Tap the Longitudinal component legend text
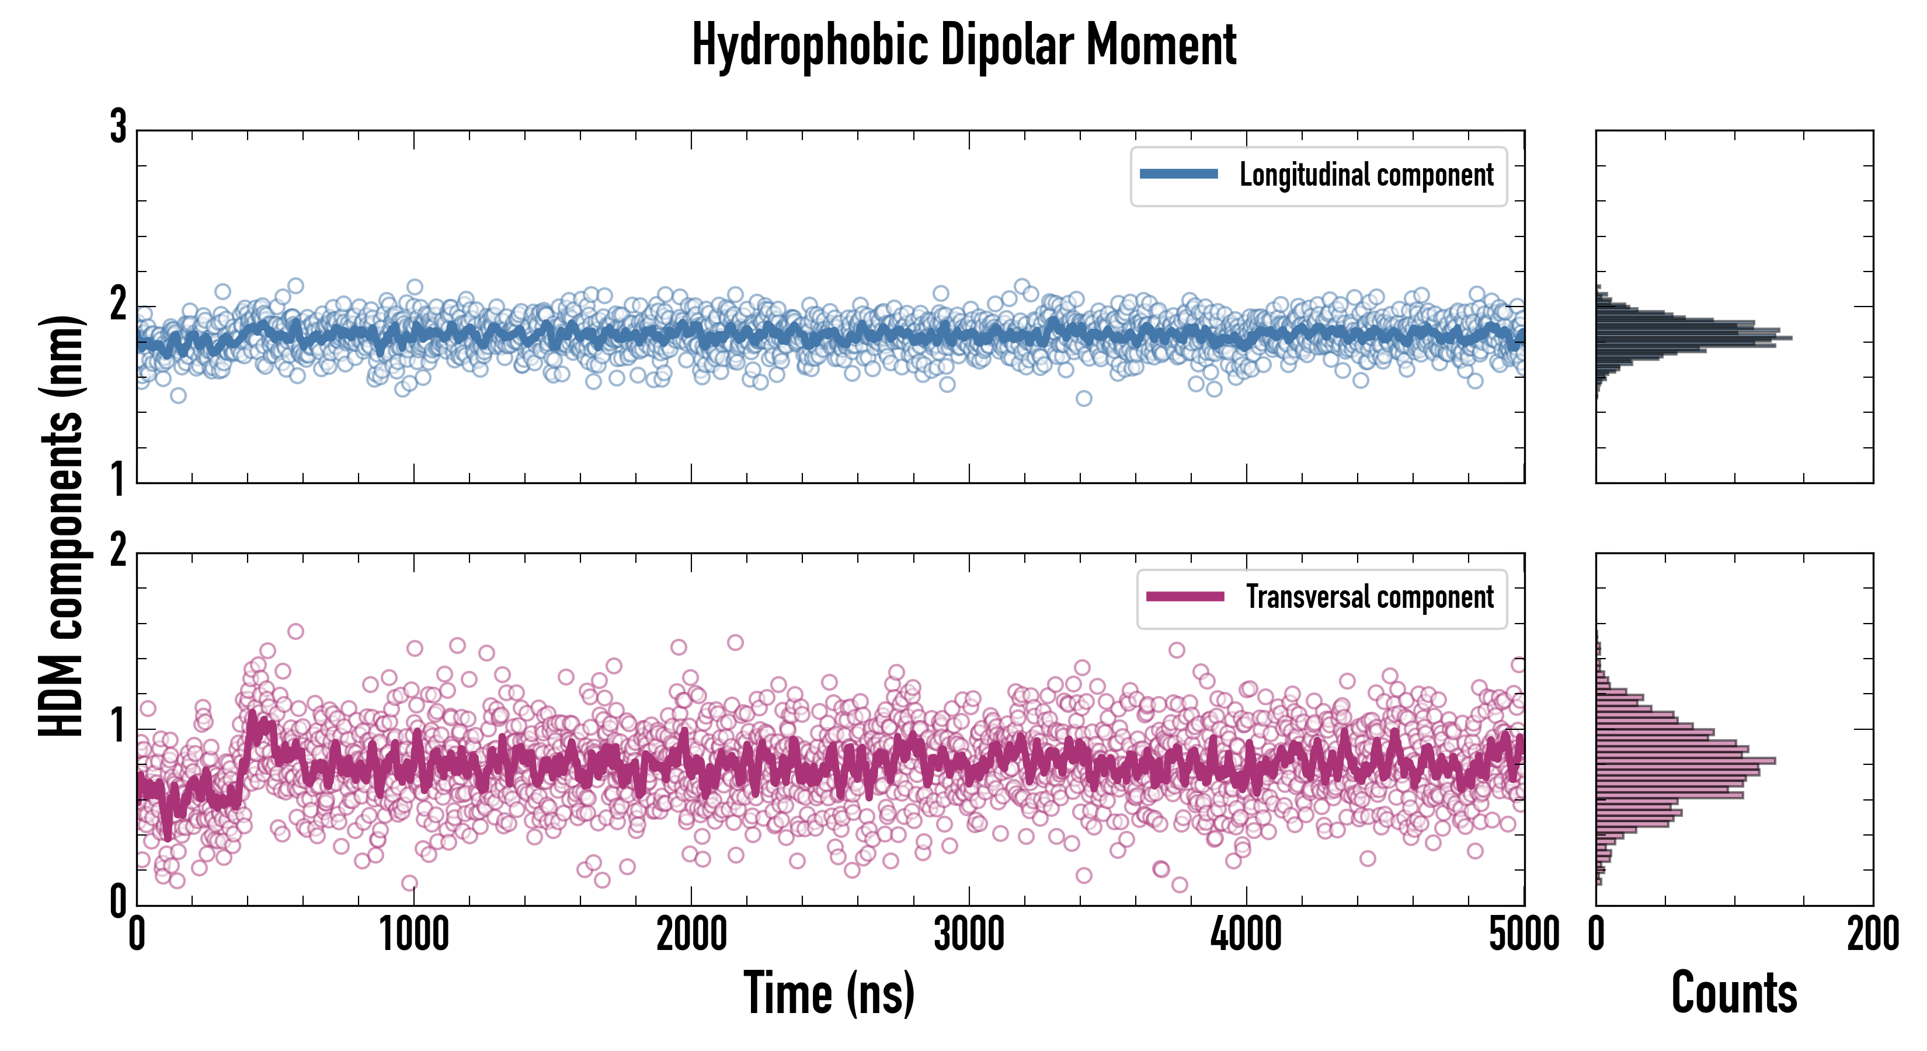(x=1366, y=175)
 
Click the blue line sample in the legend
(x=1178, y=175)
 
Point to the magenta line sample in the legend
(x=1185, y=596)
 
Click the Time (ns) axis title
(x=829, y=993)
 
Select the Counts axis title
(x=1734, y=993)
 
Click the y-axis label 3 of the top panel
(x=118, y=127)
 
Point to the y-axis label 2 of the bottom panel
(x=118, y=551)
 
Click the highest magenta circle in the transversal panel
(x=295, y=631)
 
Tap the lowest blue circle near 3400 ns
(x=1084, y=398)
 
